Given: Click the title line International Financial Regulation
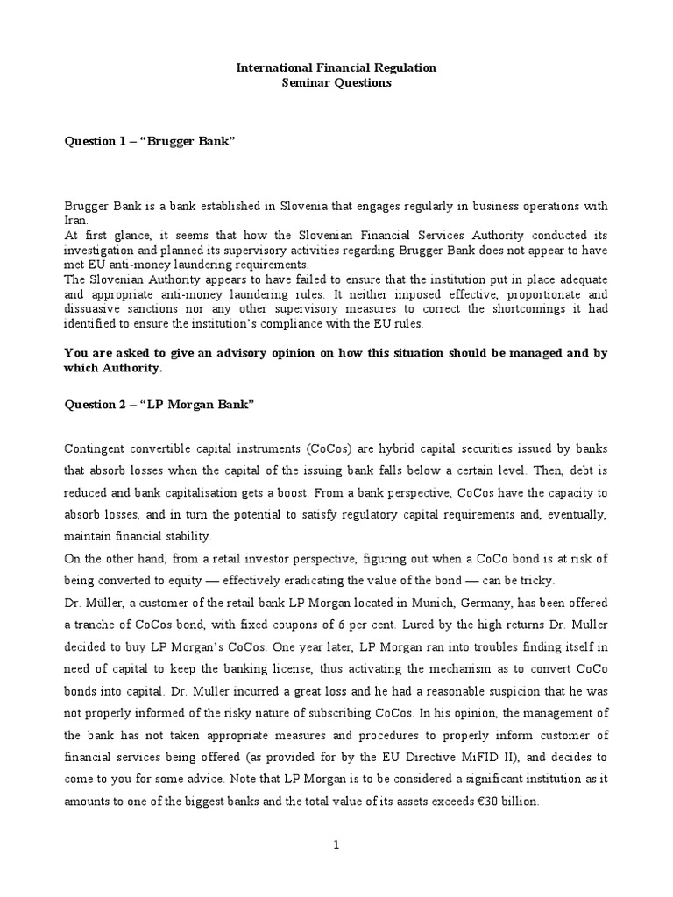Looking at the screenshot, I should [337, 67].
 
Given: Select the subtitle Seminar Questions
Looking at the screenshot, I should [337, 83].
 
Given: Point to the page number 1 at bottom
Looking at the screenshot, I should [337, 844].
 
